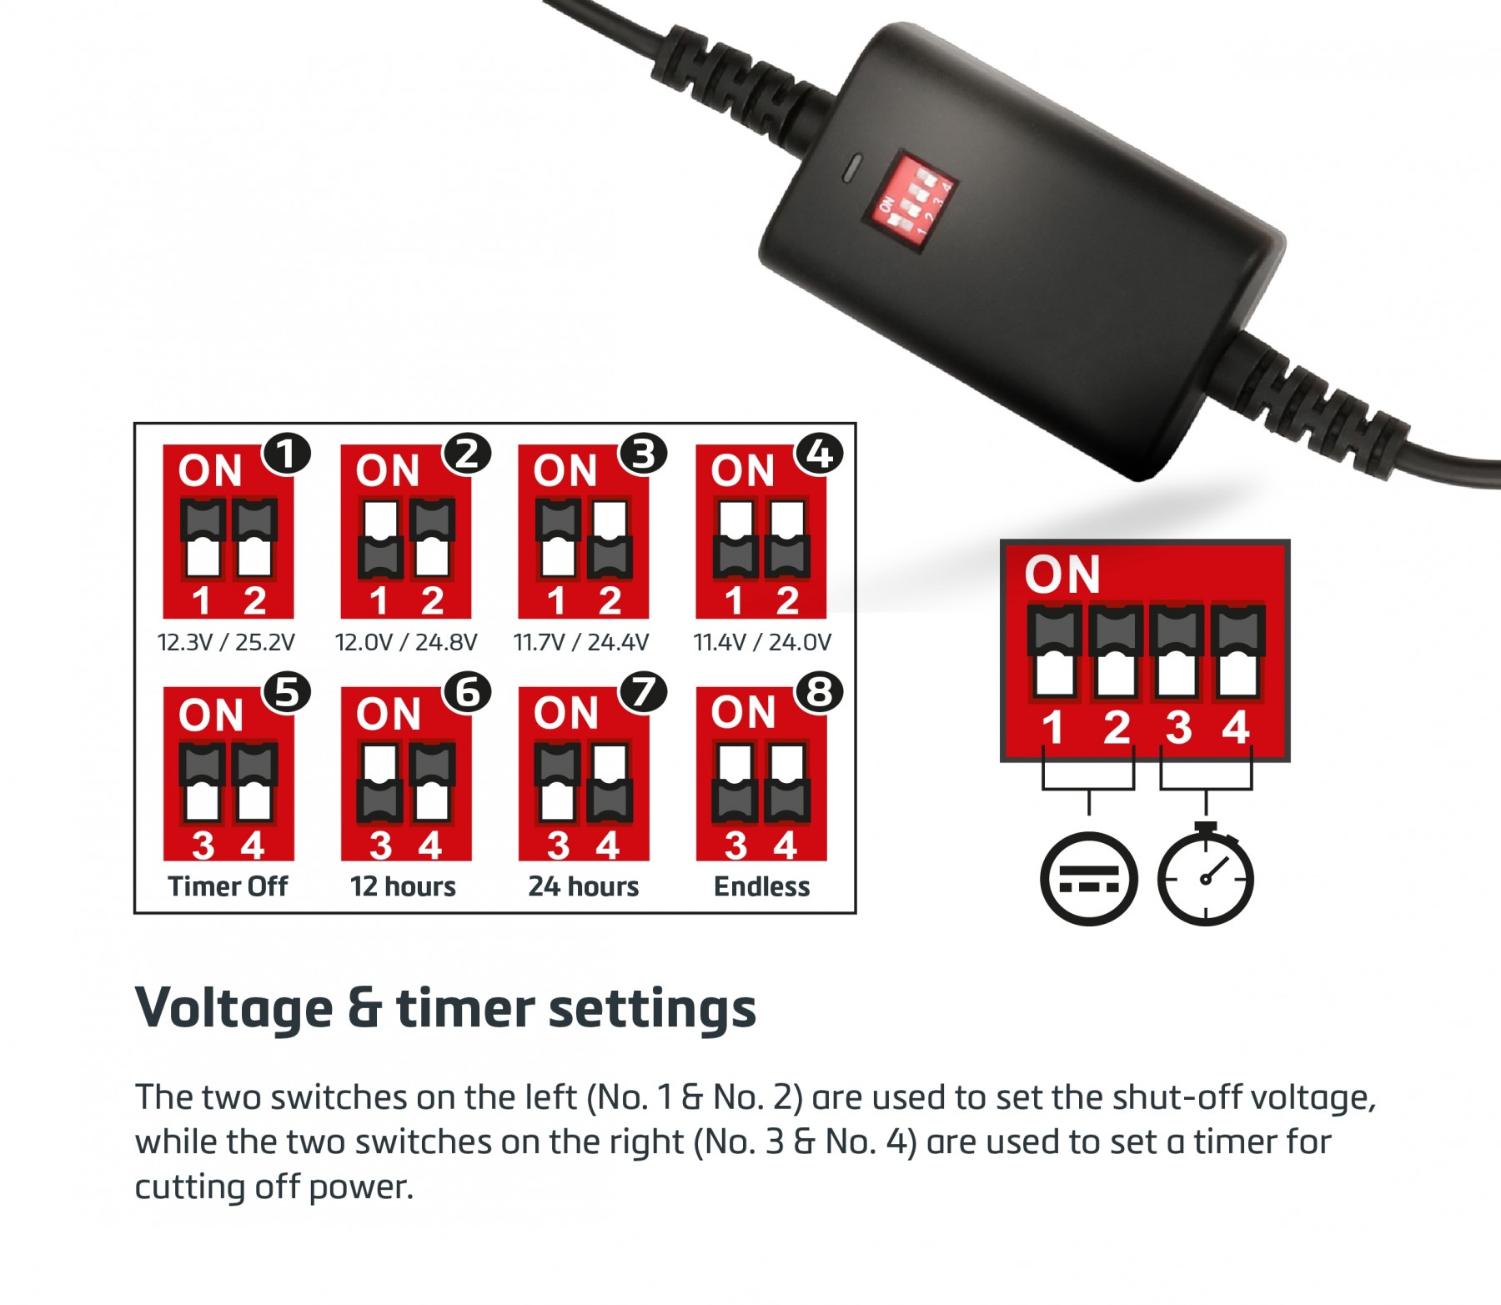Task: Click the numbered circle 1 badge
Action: [x=287, y=454]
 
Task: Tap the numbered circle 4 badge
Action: [x=820, y=454]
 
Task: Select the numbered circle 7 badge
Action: [x=643, y=692]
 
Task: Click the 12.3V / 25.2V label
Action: [x=226, y=642]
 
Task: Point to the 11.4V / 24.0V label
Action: [x=762, y=642]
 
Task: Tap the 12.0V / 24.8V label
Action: [x=406, y=642]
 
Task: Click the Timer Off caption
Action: [x=228, y=886]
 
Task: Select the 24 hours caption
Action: [x=584, y=886]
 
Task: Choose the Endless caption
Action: [x=762, y=886]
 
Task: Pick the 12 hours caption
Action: [x=404, y=886]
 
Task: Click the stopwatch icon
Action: [x=1206, y=874]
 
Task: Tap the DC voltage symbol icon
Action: [x=1088, y=879]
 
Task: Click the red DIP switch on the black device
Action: [x=909, y=201]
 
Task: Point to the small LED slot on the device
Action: [x=850, y=168]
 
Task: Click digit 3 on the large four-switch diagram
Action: [x=1179, y=727]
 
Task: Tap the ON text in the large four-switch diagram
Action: [x=1062, y=575]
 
